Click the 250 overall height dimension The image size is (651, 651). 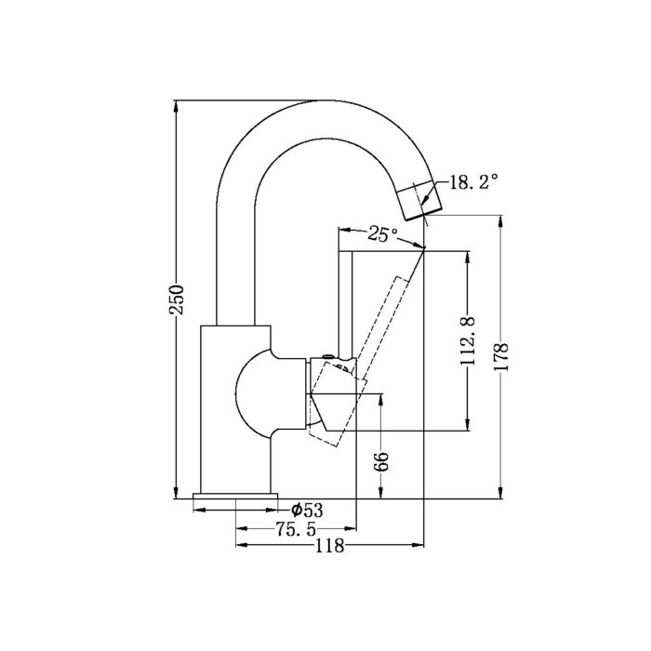coord(178,299)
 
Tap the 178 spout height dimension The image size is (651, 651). coord(501,357)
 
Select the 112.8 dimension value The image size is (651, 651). coord(469,341)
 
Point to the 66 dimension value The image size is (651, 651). coord(380,461)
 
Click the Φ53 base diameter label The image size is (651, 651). coord(307,510)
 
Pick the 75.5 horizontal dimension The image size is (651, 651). coord(296,529)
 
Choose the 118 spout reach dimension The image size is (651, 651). coord(329,546)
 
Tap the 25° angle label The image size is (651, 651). coord(383,234)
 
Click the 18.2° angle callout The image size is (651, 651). coord(473,182)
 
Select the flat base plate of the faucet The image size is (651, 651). coord(236,496)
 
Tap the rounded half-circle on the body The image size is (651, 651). coord(250,392)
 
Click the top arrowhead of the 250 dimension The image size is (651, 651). coord(177,107)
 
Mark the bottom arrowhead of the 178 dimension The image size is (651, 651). coord(501,492)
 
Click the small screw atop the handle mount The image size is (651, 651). coord(328,356)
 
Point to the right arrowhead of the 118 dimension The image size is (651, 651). coord(417,544)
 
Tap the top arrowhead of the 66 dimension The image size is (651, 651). coord(380,400)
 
